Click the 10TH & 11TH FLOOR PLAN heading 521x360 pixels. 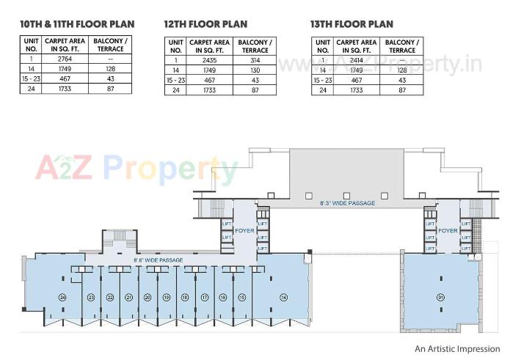77,23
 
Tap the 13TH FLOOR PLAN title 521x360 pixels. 351,24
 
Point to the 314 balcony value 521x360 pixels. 255,59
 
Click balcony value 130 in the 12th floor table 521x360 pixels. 255,70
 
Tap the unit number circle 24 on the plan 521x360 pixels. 63,297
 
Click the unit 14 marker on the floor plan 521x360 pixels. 283,297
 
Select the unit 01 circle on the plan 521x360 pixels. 441,297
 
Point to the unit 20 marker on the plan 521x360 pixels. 147,297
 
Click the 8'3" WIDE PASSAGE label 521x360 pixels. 347,203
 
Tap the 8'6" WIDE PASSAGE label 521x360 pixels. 158,260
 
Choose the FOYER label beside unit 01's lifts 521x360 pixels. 448,231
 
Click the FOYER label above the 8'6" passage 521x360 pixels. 244,231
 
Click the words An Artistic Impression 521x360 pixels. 457,349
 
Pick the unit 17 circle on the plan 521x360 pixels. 205,297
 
